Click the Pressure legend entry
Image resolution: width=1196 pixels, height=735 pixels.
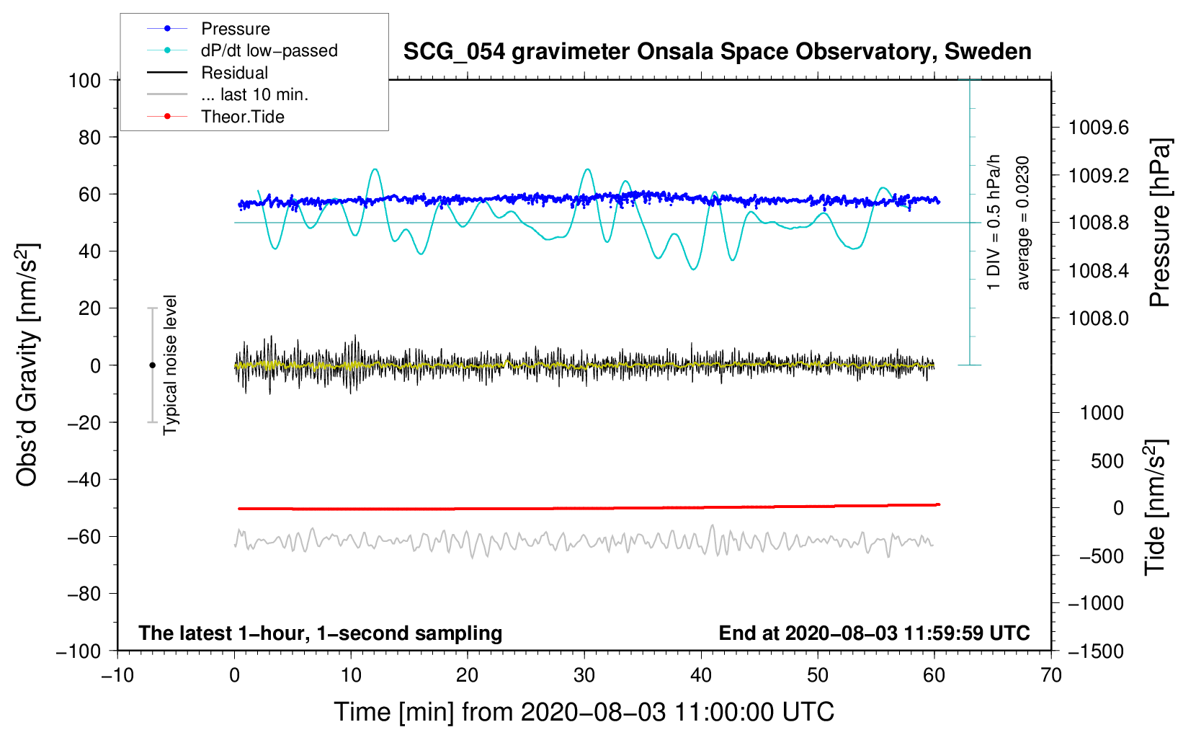[235, 29]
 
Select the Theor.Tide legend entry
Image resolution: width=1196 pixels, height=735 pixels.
[242, 117]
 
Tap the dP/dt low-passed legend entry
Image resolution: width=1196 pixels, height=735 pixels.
[269, 50]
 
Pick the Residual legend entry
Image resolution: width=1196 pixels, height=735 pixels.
[234, 73]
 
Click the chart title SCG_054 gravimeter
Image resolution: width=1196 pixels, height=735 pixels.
[717, 52]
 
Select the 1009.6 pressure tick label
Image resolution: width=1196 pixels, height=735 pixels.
[1098, 128]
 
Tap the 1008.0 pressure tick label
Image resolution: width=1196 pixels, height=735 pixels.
[1098, 318]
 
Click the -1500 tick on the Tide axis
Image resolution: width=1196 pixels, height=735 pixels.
[1096, 651]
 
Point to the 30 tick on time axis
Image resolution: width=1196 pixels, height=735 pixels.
[584, 675]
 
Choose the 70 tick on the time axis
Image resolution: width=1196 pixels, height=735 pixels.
[1051, 675]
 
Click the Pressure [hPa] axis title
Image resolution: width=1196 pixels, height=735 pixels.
[1159, 223]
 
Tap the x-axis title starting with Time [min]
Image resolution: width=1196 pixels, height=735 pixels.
[584, 712]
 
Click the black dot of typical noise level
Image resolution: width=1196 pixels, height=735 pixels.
[152, 365]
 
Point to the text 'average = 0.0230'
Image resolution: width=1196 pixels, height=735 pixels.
[1023, 223]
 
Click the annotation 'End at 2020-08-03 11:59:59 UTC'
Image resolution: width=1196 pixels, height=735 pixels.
[874, 633]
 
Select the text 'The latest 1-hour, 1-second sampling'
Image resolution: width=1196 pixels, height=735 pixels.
[321, 633]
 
